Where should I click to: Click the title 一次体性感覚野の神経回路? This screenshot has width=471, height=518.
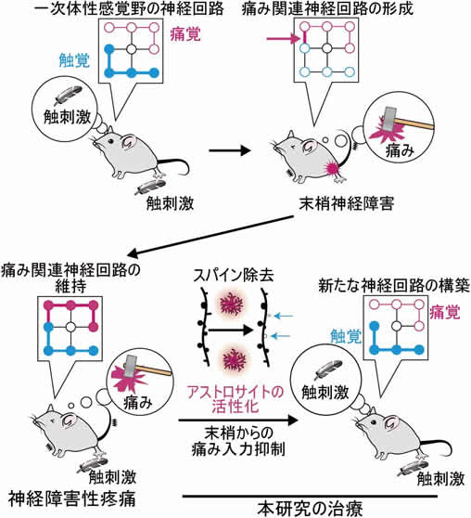(129, 8)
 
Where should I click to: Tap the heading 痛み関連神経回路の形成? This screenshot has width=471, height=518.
(327, 8)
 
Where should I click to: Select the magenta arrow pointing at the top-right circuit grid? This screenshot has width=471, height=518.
(283, 39)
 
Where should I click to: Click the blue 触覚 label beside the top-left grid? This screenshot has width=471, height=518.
(74, 60)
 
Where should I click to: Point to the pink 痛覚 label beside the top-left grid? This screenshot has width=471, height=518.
(185, 34)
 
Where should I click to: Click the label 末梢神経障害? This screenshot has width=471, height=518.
(347, 203)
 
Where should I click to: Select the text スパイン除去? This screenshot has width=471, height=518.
(234, 276)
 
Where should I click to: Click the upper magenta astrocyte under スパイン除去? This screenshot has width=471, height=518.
(232, 304)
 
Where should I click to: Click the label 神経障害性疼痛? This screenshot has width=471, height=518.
(72, 499)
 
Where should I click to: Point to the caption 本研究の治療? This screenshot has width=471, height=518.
(311, 509)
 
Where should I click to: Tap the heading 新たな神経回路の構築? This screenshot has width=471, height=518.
(394, 286)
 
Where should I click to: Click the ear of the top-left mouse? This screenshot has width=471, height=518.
(130, 141)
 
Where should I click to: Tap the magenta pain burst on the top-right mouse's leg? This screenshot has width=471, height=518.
(333, 168)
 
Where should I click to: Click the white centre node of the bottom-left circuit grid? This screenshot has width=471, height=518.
(70, 327)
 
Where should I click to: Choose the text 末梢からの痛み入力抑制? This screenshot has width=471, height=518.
(238, 441)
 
